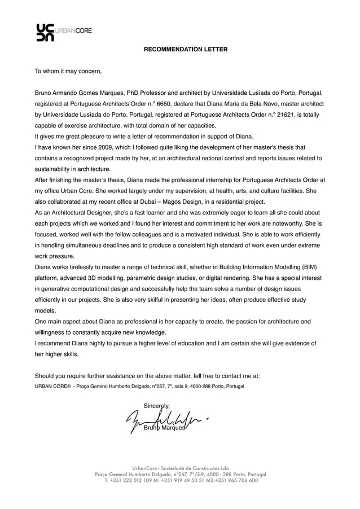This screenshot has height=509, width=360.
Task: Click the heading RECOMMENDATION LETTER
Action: tap(186, 50)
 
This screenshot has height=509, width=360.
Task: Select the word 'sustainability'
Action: tap(54, 169)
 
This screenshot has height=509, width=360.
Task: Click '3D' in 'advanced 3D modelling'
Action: tap(114, 278)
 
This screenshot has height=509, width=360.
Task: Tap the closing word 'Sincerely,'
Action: tap(157, 405)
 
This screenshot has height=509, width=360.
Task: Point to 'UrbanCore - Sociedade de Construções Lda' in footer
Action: tap(181, 468)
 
